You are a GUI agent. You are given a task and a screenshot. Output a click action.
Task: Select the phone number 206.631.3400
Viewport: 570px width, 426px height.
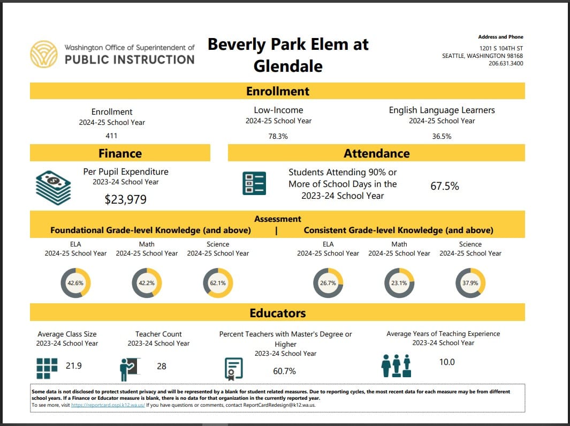click(506, 63)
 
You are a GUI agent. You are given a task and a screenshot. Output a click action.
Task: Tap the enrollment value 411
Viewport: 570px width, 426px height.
click(111, 136)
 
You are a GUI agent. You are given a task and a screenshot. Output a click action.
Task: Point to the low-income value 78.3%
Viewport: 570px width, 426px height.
click(278, 136)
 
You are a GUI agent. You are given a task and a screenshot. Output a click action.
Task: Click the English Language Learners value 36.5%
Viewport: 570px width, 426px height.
click(442, 136)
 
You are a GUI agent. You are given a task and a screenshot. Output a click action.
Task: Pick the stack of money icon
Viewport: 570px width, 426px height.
click(53, 188)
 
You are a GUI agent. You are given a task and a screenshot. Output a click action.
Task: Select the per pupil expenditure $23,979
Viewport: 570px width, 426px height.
click(125, 200)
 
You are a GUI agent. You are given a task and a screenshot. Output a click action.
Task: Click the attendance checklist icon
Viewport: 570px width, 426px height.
click(254, 183)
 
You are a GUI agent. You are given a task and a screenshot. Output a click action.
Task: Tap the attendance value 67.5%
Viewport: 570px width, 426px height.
click(444, 186)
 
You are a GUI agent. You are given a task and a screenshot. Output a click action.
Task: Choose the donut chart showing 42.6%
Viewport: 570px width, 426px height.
click(75, 283)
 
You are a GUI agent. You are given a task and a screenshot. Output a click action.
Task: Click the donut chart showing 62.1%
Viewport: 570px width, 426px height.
click(218, 283)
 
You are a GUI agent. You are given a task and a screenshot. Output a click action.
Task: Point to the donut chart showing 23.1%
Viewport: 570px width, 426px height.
click(399, 283)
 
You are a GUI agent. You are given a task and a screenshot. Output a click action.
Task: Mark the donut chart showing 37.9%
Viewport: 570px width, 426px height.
click(470, 283)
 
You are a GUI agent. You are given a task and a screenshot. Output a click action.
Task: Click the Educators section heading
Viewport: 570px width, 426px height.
click(277, 313)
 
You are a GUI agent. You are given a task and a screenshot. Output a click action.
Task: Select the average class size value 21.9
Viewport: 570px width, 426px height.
click(74, 366)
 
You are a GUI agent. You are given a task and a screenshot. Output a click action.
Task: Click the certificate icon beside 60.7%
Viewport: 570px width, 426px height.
click(233, 368)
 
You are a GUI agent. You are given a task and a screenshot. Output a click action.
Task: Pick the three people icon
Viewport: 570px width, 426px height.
click(396, 366)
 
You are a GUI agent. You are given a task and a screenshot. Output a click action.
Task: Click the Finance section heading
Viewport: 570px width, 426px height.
click(120, 153)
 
